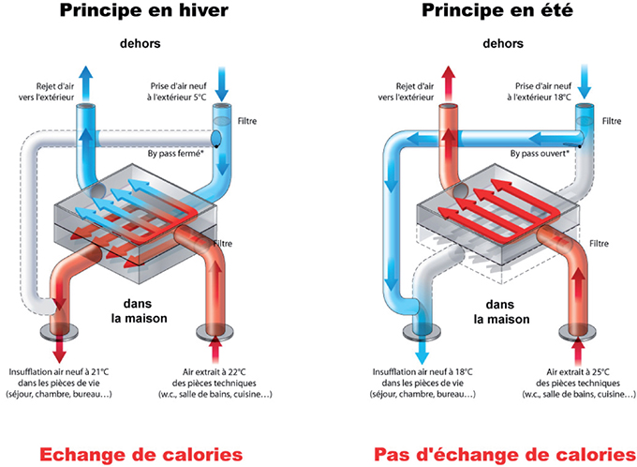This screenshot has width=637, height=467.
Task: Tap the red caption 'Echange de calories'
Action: click(141, 429)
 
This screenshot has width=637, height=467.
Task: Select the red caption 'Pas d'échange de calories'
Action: click(498, 429)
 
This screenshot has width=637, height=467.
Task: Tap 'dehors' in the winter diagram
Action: click(141, 42)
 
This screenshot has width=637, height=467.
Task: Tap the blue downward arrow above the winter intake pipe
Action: click(222, 83)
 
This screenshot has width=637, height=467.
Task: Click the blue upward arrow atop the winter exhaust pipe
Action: click(86, 77)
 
